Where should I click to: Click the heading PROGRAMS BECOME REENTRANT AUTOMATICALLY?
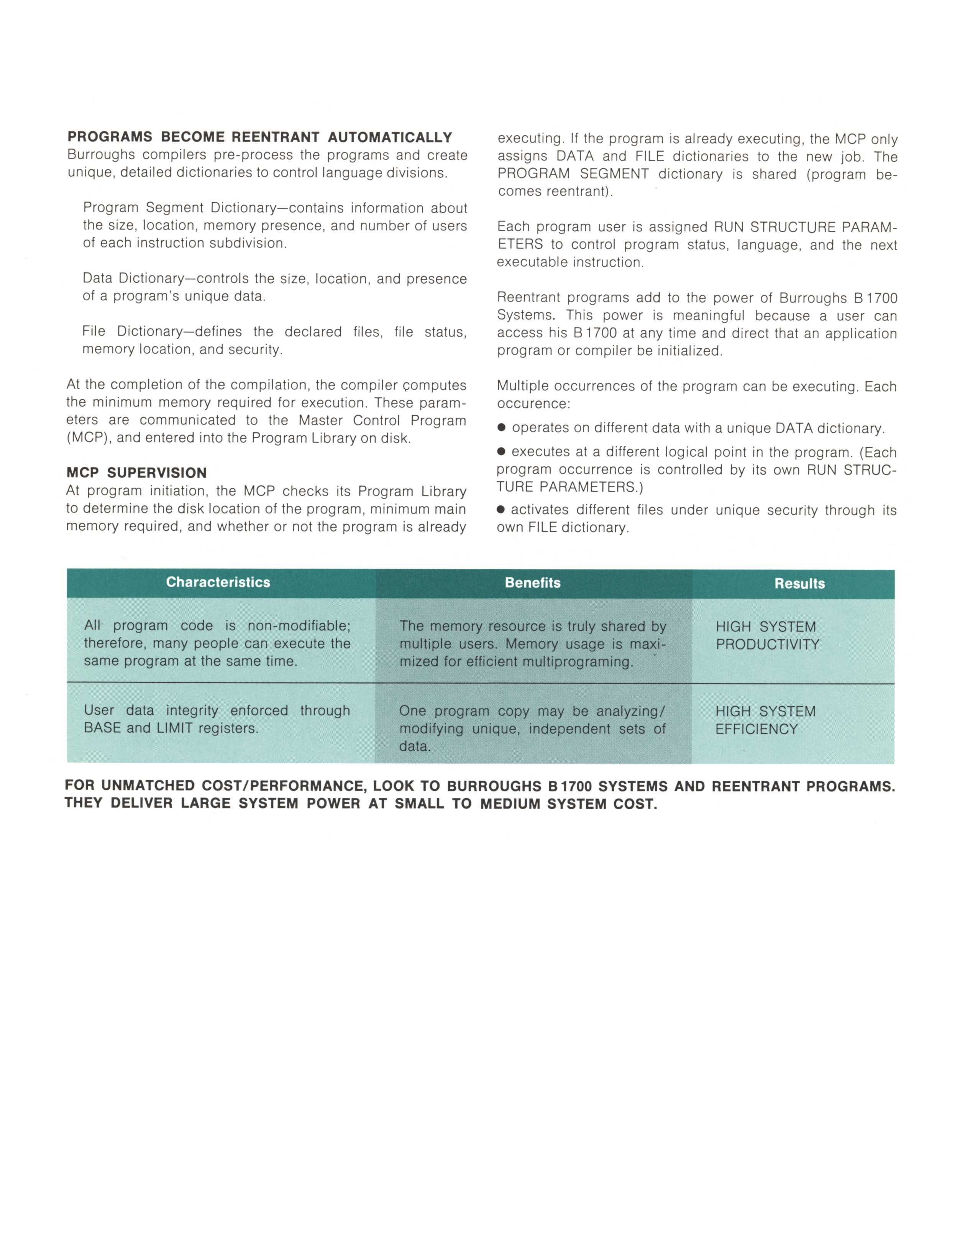(259, 138)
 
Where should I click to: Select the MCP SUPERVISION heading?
(136, 473)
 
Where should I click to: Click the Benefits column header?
(533, 583)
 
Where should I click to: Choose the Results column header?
(799, 584)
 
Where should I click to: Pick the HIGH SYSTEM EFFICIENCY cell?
(766, 720)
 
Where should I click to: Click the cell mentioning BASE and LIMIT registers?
(217, 719)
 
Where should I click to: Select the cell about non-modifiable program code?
(217, 643)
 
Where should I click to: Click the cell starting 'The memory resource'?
(533, 643)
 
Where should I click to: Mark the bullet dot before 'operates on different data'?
(501, 429)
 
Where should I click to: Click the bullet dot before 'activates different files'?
(501, 510)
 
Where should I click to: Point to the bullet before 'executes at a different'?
(501, 453)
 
